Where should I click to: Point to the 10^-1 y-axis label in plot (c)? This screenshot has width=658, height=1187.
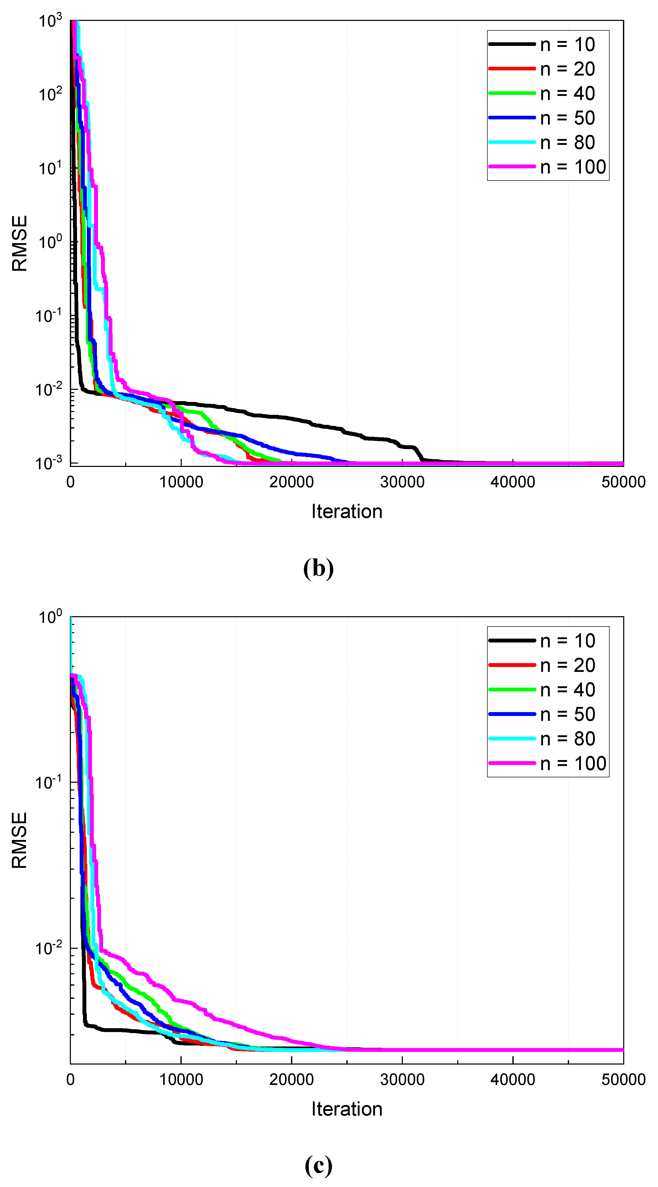coord(48,782)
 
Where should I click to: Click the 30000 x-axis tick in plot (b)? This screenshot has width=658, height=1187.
coord(402,482)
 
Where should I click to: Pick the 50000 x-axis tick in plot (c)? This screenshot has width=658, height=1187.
coord(623,1080)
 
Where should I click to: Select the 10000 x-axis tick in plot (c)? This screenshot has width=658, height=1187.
coord(181,1080)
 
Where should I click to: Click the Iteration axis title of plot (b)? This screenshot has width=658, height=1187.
coord(347,512)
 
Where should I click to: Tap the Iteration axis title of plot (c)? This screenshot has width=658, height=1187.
coord(347,1109)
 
